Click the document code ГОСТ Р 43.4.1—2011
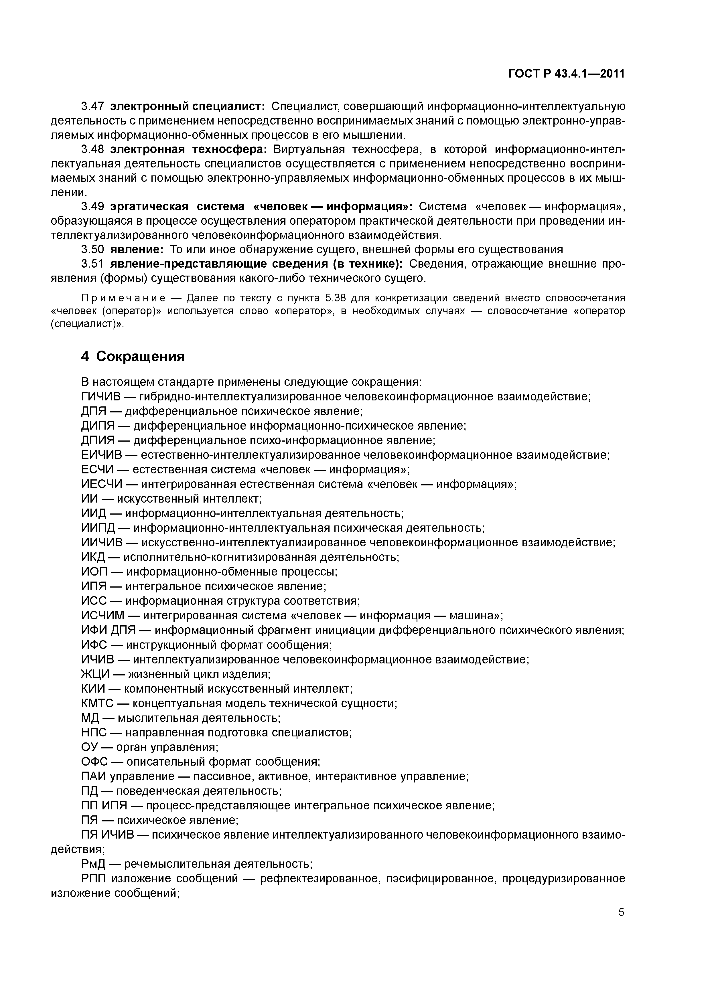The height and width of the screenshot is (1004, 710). pyautogui.click(x=566, y=74)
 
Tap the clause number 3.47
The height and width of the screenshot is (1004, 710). pyautogui.click(x=92, y=106)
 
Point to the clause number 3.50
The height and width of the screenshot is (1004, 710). pyautogui.click(x=92, y=250)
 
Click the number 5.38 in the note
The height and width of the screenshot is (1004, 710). pyautogui.click(x=335, y=298)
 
